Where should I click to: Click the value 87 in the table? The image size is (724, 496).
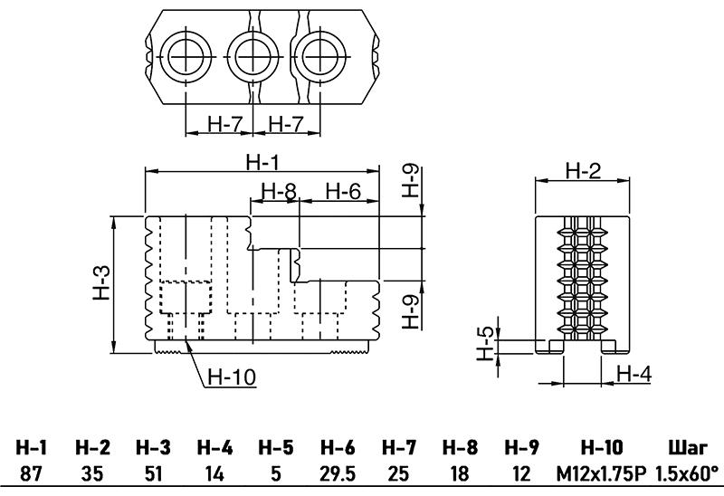[31, 472]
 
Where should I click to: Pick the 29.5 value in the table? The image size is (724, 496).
[338, 472]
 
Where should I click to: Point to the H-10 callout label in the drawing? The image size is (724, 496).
[231, 375]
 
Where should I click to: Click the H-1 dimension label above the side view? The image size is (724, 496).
[262, 161]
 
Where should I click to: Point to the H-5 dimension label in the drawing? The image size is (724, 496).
[486, 341]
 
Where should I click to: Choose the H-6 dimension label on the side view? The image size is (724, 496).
[342, 191]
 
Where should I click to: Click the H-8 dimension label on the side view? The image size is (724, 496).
[277, 191]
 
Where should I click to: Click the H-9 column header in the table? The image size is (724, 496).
[521, 447]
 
